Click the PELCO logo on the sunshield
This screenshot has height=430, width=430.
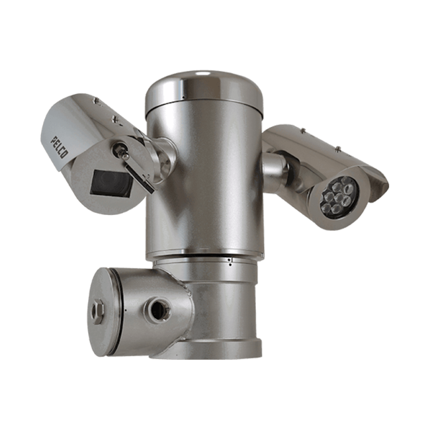(x=58, y=148)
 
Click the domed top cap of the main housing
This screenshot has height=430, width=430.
(x=204, y=91)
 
